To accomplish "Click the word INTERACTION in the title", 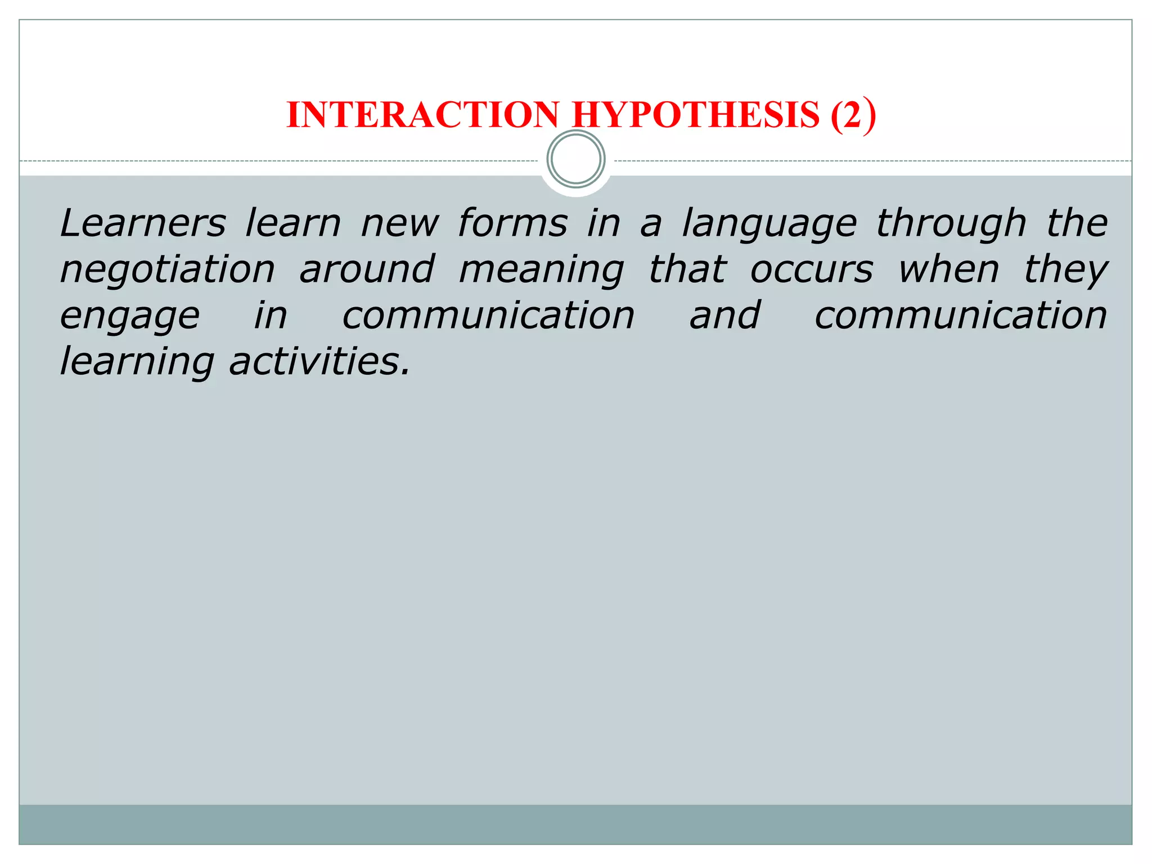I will [423, 115].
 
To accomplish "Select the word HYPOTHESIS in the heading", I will [696, 115].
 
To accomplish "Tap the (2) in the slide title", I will [853, 115].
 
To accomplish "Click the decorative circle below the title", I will [576, 159].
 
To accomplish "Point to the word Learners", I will [143, 223].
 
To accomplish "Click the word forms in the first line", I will [512, 223].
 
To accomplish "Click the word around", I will [367, 269].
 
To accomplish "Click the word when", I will [948, 269].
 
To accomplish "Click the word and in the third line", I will [725, 316].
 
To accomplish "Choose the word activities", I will [319, 362].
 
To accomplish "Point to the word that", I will [687, 269].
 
